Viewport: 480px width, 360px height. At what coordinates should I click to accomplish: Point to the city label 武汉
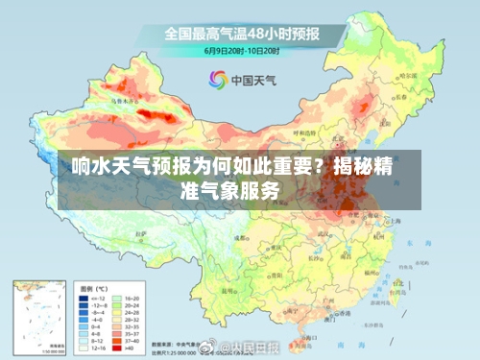[338, 236]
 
